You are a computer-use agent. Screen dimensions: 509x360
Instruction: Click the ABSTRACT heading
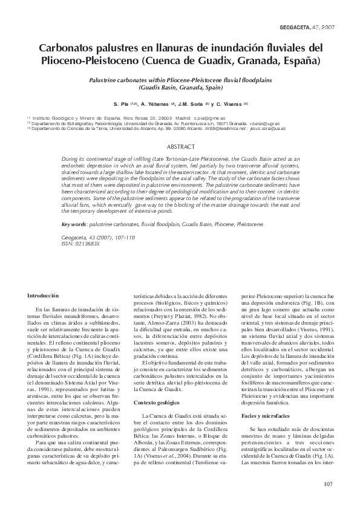point(179,147)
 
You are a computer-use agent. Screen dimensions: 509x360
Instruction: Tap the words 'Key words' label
point(74,224)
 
